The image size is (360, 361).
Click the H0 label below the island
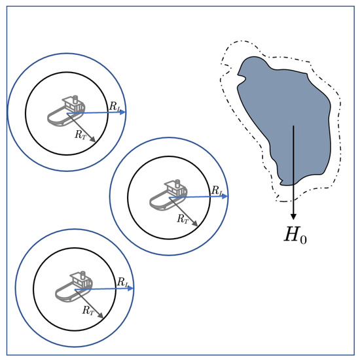(x=295, y=235)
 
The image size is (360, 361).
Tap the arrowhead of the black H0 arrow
(x=293, y=216)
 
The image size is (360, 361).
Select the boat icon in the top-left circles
(x=66, y=111)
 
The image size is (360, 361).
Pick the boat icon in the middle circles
(x=168, y=195)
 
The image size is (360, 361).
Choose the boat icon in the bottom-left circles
(x=74, y=287)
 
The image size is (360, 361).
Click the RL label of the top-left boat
(x=115, y=107)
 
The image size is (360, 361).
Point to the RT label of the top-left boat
(x=81, y=134)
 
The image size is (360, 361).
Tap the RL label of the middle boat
(x=217, y=190)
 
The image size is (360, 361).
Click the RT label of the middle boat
(x=183, y=218)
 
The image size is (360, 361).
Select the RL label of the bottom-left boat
(x=123, y=282)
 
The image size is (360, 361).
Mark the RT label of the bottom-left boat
(x=88, y=310)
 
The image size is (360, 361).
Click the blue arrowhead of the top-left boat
(x=123, y=112)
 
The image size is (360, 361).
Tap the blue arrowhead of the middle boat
(x=225, y=196)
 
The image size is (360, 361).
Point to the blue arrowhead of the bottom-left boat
(x=130, y=288)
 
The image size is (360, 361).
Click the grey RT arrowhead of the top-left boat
(x=93, y=139)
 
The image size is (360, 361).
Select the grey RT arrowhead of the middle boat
(x=195, y=223)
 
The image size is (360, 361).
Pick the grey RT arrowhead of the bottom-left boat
(x=101, y=315)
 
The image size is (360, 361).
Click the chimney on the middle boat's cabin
(x=177, y=184)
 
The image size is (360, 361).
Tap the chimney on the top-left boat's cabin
(x=75, y=99)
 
